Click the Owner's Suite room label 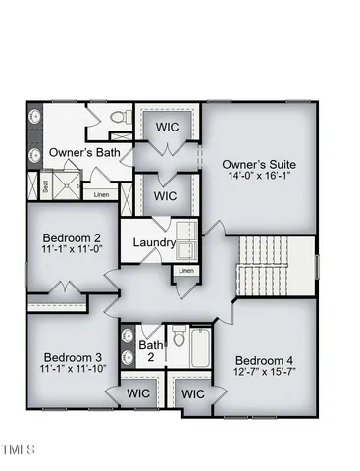pos(259,163)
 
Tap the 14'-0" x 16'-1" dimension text pos(259,177)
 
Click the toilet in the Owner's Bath pos(119,117)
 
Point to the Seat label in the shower pos(44,183)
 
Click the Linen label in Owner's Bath pos(102,194)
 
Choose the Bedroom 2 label pos(73,237)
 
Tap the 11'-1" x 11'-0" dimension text pos(73,251)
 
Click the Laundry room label pos(154,242)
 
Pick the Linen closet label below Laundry pos(186,271)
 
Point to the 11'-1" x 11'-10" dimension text pos(73,370)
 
